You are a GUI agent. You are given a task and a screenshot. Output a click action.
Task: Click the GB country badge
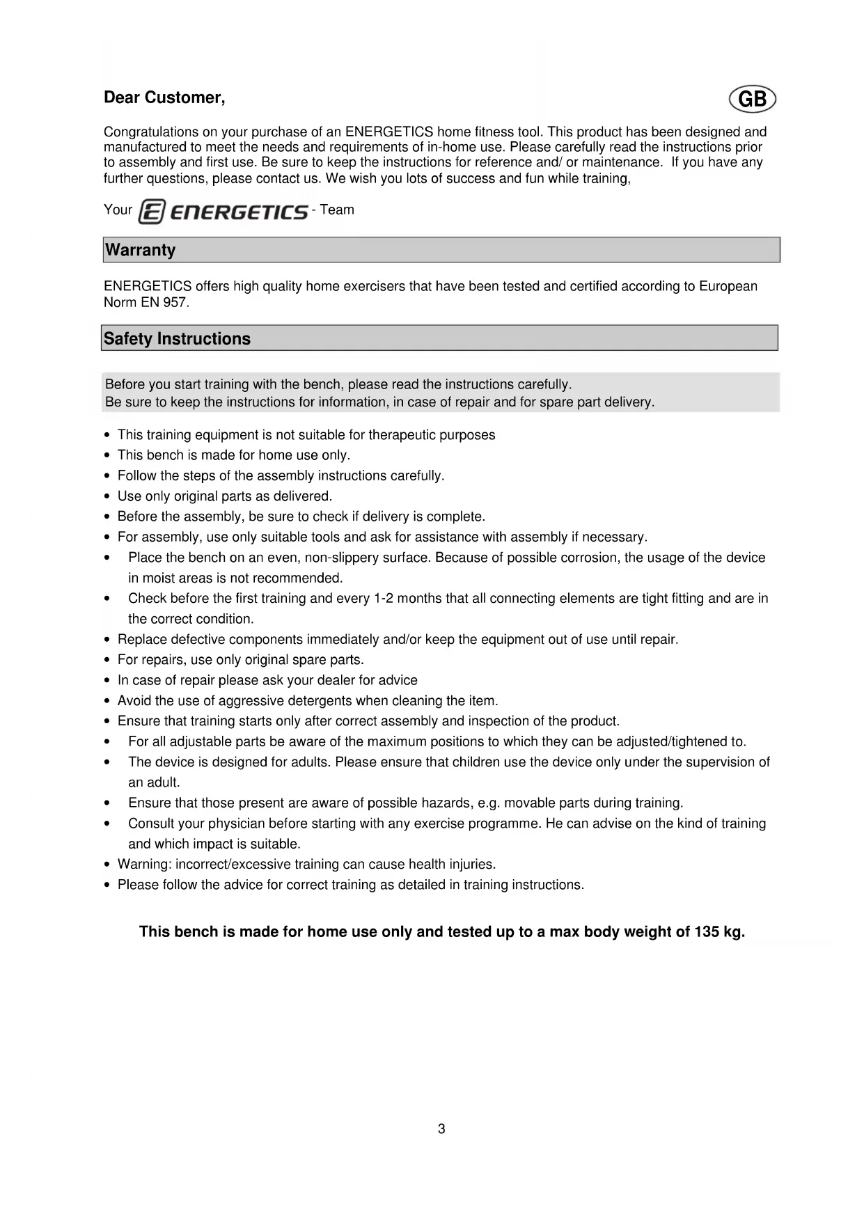pos(752,100)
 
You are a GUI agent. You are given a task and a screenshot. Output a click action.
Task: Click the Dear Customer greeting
pos(164,97)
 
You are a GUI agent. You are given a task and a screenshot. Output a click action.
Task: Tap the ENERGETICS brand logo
pos(223,212)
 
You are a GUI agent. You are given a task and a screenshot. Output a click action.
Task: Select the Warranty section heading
pos(140,250)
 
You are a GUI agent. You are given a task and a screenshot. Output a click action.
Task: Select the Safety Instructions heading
pos(177,339)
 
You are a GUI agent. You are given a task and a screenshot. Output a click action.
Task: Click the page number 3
pos(441,1128)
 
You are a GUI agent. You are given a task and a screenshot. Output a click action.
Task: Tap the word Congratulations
pos(150,132)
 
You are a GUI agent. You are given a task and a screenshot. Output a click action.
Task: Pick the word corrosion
pos(590,558)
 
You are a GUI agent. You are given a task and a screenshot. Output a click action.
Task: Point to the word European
pos(728,286)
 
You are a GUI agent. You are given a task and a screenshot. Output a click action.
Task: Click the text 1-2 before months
pos(384,599)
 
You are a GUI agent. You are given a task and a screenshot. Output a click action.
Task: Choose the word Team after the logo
pos(337,210)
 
